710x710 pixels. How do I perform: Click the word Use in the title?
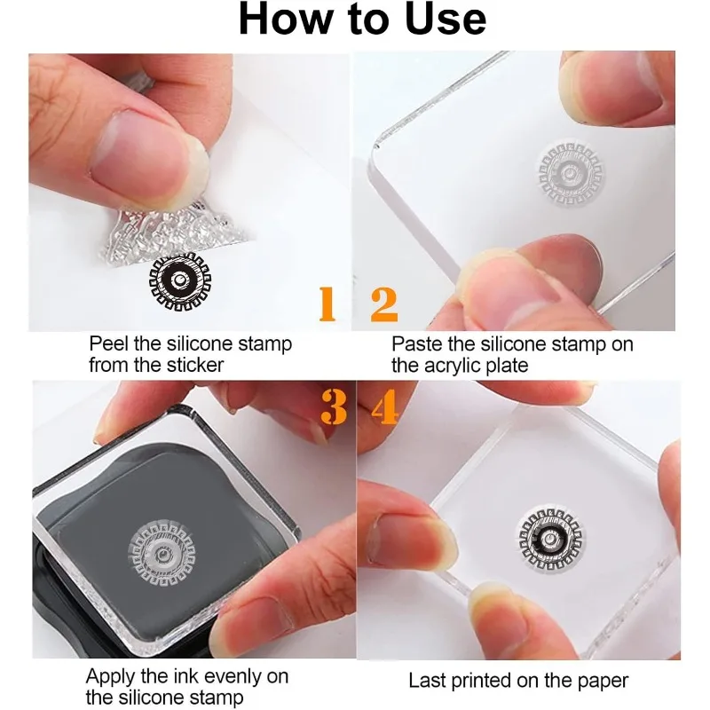[446, 19]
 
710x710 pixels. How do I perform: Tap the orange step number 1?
[327, 304]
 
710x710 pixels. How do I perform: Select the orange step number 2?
[384, 304]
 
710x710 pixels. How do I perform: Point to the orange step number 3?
[334, 407]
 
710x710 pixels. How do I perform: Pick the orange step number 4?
[385, 407]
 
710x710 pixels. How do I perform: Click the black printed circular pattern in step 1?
[180, 283]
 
